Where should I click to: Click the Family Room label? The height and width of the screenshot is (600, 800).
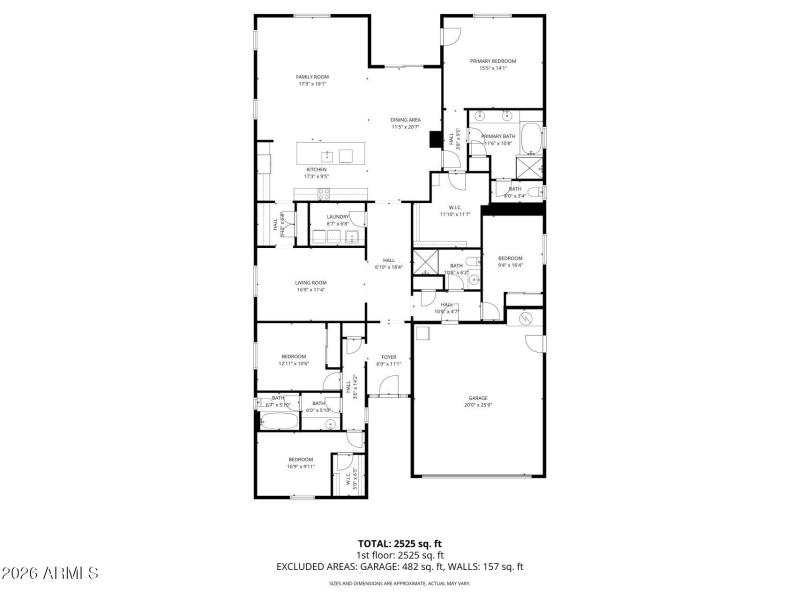click(x=312, y=80)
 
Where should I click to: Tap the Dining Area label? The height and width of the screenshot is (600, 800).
click(x=405, y=123)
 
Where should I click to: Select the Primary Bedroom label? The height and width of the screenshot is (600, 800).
click(x=493, y=64)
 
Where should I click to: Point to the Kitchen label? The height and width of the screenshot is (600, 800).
click(x=316, y=173)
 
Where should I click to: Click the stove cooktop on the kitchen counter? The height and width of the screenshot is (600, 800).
click(x=323, y=192)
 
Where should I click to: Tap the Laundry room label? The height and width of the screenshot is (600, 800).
click(x=337, y=219)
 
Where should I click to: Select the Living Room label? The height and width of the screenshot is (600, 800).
click(x=310, y=286)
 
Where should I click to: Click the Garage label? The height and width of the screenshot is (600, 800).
click(x=478, y=401)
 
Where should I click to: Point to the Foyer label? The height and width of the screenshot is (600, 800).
click(x=388, y=360)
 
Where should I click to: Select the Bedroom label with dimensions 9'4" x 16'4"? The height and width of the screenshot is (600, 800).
click(x=511, y=261)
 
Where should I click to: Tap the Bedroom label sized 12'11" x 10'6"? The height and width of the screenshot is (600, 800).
click(x=293, y=360)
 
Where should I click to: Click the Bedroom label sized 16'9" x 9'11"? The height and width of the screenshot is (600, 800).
click(x=300, y=462)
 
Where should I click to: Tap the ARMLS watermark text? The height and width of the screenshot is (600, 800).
click(x=50, y=573)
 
